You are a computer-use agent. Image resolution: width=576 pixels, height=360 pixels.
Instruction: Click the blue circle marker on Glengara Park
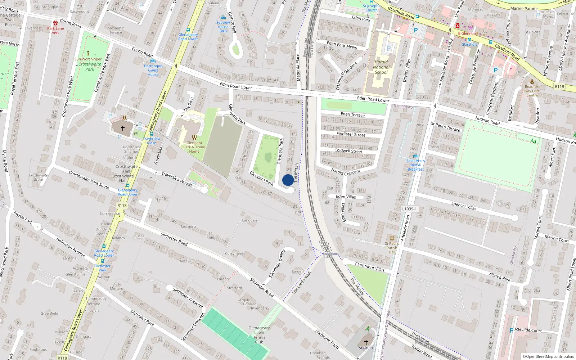click(x=288, y=180)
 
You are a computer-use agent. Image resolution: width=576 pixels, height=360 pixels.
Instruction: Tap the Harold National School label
click(x=381, y=67)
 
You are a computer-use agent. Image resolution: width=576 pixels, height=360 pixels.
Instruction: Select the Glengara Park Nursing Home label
click(x=194, y=147)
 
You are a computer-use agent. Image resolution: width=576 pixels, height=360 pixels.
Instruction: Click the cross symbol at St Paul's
click(x=366, y=342)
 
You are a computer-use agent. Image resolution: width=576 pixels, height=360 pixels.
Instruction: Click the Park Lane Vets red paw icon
click(x=55, y=23)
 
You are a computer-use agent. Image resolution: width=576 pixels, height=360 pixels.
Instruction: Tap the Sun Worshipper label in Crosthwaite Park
click(x=88, y=59)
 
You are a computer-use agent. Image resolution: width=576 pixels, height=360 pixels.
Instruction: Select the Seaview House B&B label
click(x=223, y=27)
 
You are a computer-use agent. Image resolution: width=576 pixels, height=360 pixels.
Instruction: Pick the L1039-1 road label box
click(x=409, y=209)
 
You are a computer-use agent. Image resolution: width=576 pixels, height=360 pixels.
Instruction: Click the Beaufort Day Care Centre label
click(x=532, y=91)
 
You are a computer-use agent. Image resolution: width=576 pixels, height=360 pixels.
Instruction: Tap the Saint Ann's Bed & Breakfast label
click(x=415, y=165)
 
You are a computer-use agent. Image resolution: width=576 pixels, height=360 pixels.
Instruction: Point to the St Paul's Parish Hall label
click(x=392, y=248)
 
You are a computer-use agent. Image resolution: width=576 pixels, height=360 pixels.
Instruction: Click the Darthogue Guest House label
click(x=153, y=70)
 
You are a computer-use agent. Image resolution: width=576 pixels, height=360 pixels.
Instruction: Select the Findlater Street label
click(x=351, y=134)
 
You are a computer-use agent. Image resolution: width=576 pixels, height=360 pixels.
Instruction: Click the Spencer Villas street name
click(x=464, y=206)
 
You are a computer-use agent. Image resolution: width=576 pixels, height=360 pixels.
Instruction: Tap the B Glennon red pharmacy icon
click(x=457, y=26)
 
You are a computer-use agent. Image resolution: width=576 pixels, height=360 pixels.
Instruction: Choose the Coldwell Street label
click(x=348, y=151)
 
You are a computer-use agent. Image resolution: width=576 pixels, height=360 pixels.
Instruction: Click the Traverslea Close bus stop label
click(x=152, y=140)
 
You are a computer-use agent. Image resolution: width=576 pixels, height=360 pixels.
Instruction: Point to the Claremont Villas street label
click(x=370, y=267)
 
